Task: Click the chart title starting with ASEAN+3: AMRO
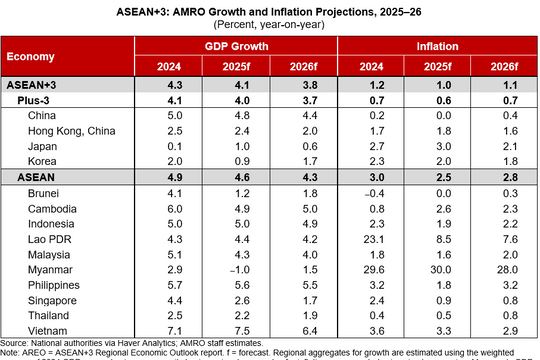[270, 10]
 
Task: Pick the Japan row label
[45, 145]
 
